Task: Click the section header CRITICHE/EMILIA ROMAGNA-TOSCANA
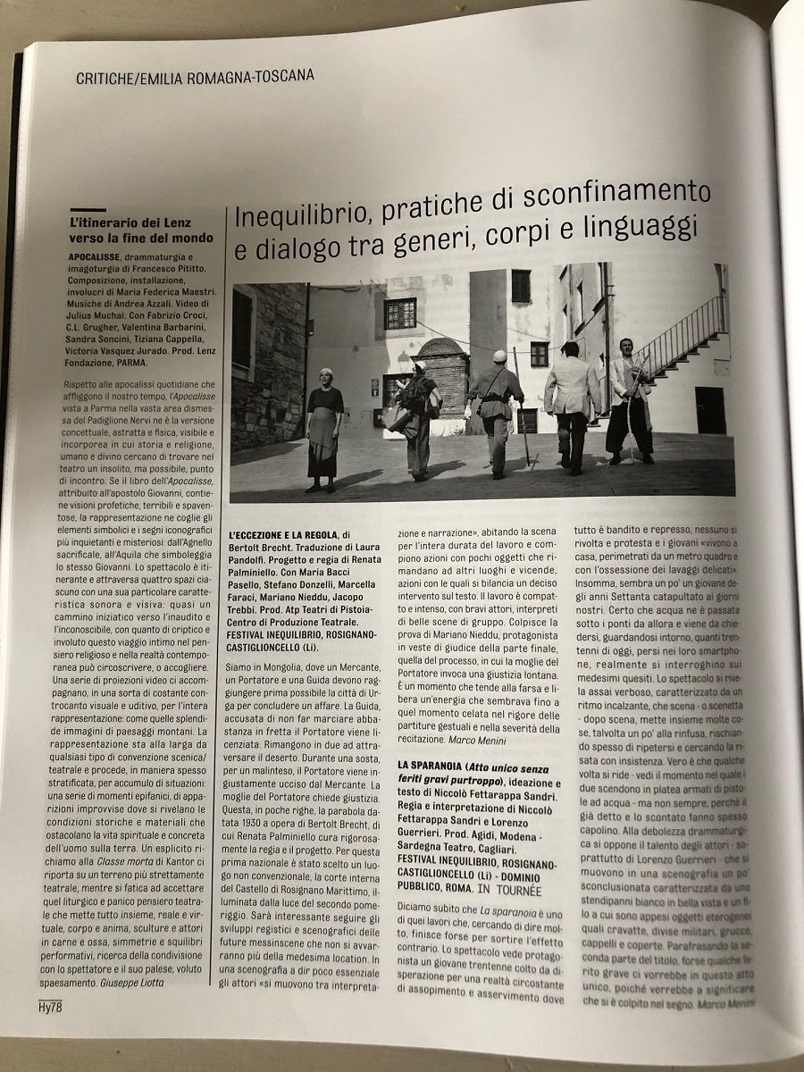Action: [196, 77]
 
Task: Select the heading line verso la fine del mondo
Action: [141, 238]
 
